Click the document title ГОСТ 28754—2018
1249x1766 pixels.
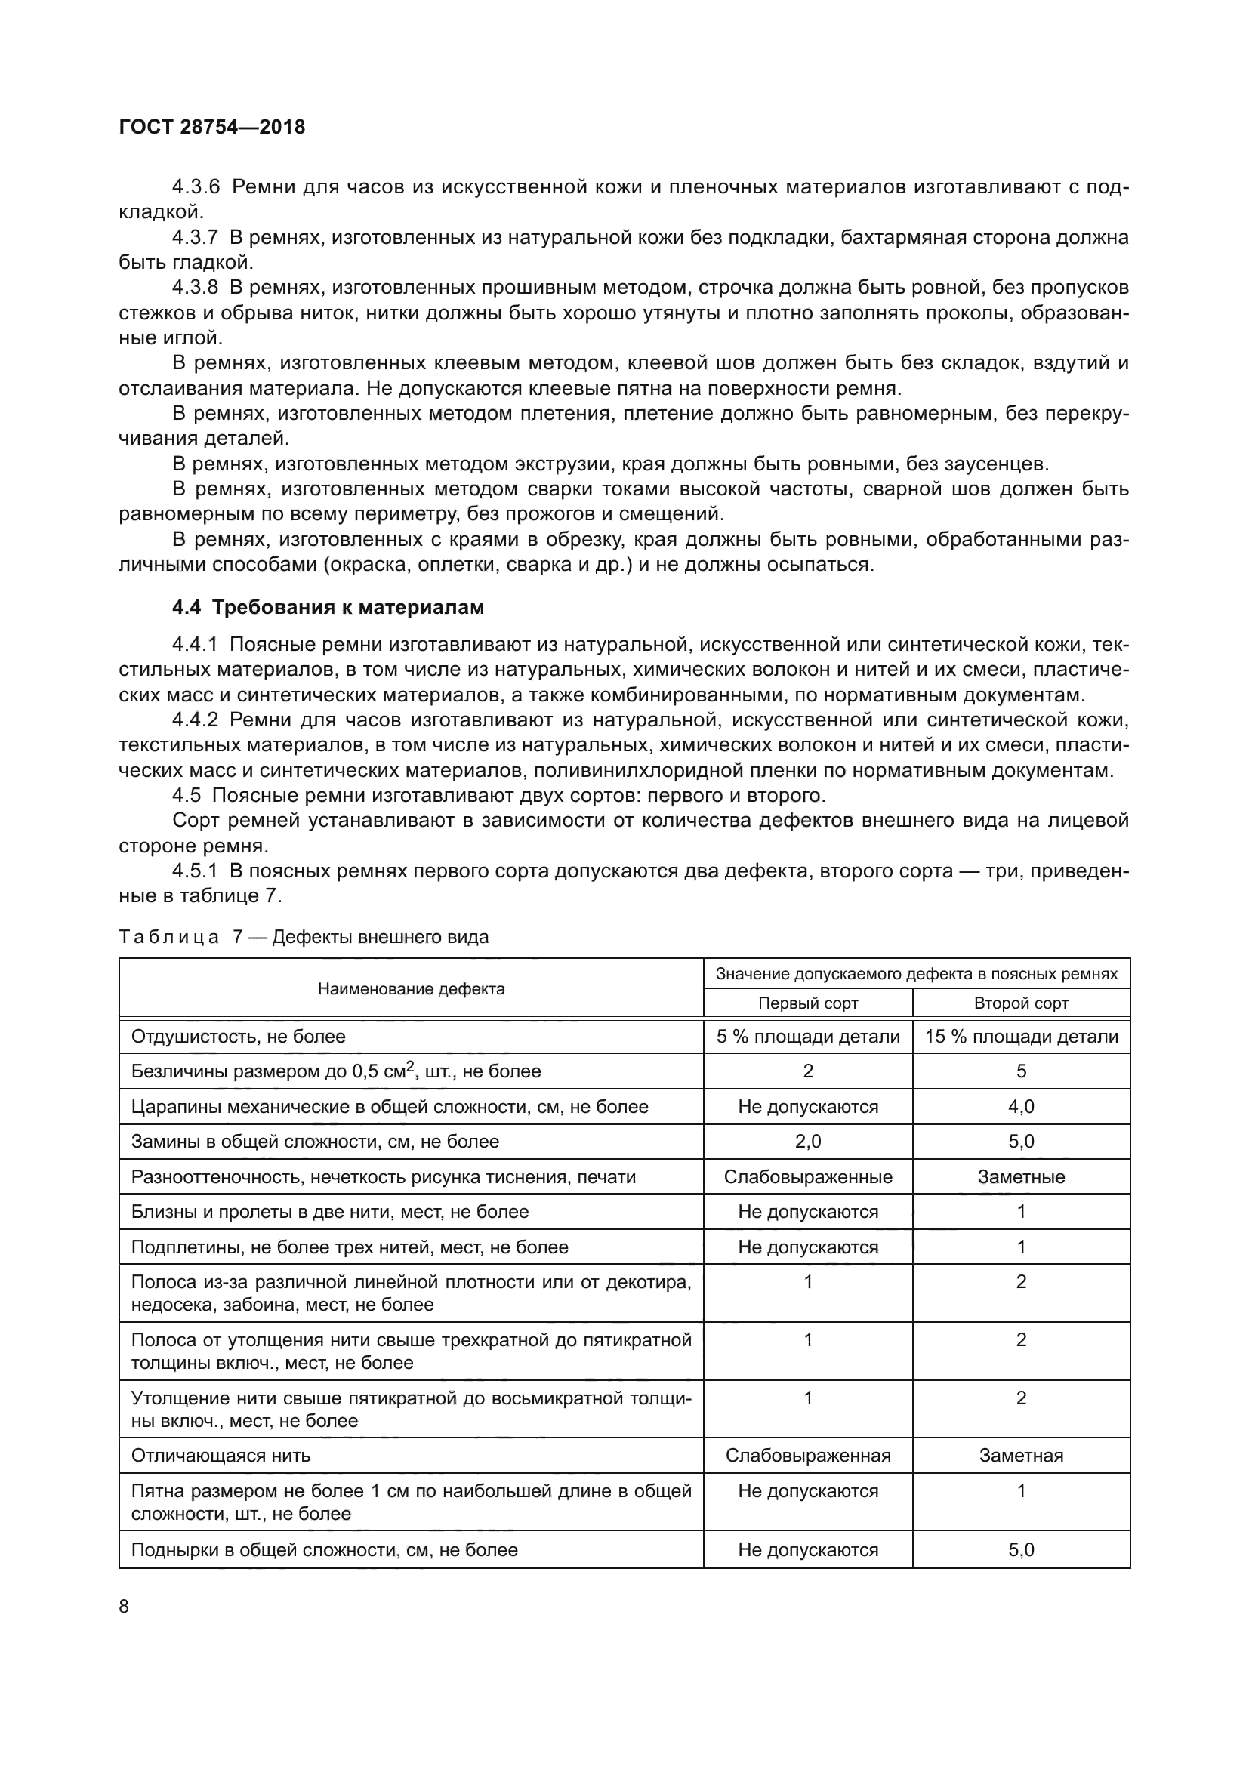pos(211,127)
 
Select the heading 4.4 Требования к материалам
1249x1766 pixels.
pos(328,607)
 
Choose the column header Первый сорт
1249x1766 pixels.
pos(807,1003)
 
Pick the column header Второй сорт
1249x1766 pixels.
pos(1021,1003)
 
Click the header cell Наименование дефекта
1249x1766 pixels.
pos(411,989)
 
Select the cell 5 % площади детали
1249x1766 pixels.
pos(807,1037)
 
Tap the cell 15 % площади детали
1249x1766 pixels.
pos(1021,1037)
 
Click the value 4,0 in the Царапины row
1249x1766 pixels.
pos(1021,1107)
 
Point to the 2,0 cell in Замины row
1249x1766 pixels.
pos(807,1142)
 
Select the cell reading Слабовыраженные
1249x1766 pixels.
pos(807,1177)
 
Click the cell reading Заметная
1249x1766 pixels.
pos(1021,1455)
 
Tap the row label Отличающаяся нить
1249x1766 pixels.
pos(221,1455)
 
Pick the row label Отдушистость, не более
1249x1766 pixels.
pos(239,1037)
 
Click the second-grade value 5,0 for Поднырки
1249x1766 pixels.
pos(1021,1550)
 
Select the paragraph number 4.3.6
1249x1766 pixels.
pos(196,187)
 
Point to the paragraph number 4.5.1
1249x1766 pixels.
pos(196,871)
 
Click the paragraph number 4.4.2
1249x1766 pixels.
pos(196,720)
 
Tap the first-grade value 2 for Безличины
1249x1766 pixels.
pos(807,1071)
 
